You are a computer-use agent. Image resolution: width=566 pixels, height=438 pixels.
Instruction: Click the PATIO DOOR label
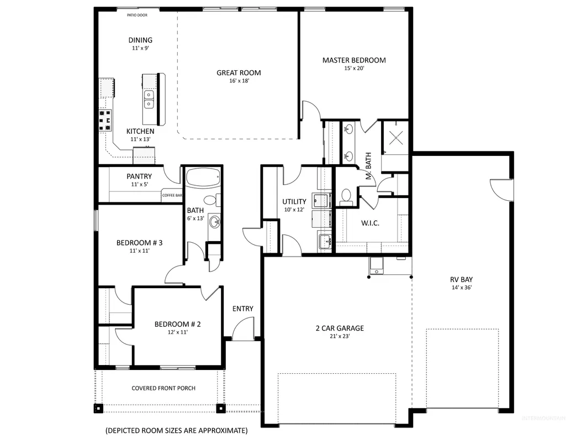137,15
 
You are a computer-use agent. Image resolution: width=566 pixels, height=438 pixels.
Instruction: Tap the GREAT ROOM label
239,72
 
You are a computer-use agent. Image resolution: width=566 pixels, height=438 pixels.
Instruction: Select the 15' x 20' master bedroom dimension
354,68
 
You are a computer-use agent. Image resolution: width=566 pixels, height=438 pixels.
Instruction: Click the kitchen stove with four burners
105,121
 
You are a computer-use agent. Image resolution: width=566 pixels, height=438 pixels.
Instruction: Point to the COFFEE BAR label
172,195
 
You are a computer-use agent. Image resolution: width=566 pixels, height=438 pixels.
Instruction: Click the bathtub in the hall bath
203,177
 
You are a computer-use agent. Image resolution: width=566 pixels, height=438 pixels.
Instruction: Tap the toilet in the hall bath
211,200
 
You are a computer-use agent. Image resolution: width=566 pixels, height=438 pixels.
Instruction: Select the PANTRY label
139,176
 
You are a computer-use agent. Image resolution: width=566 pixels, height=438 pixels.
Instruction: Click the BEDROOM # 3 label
139,243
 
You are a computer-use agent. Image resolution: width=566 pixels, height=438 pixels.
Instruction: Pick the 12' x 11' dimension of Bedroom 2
178,332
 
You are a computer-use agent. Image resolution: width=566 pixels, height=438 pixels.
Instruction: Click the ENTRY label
242,309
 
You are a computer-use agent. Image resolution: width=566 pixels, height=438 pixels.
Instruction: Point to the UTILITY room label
294,202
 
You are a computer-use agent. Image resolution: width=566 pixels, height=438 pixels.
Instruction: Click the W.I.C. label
370,223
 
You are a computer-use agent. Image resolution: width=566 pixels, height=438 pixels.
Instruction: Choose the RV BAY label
461,279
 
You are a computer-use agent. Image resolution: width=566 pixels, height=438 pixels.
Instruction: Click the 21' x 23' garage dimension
340,336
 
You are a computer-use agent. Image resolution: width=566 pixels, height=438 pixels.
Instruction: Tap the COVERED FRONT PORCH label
163,388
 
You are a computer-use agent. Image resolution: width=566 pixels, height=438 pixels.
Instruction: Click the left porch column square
98,408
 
